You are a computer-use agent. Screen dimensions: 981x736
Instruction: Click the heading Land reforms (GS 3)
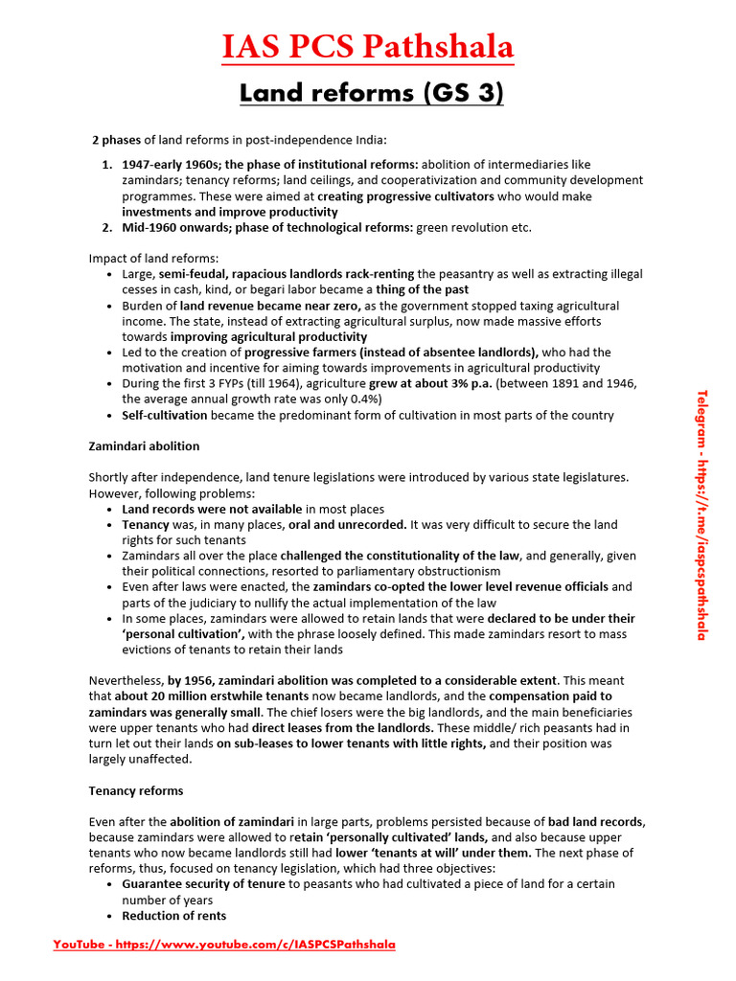click(371, 93)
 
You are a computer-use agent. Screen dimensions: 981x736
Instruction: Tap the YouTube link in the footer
click(223, 945)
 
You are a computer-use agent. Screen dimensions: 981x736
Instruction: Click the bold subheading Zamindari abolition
click(144, 446)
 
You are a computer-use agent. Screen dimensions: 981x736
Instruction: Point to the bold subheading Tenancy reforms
click(136, 791)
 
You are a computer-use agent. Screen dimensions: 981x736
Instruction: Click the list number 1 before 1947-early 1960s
click(107, 165)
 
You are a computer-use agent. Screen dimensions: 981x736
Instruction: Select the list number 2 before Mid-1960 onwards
click(107, 227)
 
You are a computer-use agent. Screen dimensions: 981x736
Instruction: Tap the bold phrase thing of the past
click(422, 289)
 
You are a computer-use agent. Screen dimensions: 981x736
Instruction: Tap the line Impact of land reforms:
click(153, 259)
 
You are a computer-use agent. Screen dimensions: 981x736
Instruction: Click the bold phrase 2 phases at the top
click(116, 140)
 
